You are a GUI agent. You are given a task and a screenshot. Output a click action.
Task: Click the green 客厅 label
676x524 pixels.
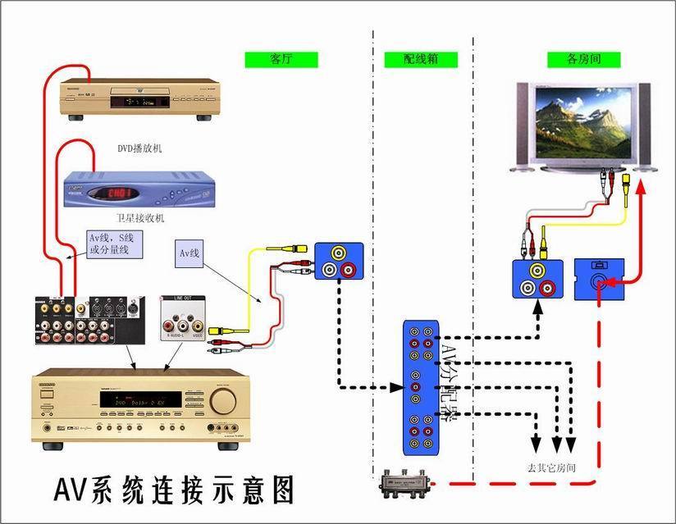click(281, 59)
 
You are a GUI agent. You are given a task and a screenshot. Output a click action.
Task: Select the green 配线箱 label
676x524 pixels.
click(421, 59)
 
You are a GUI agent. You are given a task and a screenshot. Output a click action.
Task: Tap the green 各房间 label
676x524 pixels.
click(584, 59)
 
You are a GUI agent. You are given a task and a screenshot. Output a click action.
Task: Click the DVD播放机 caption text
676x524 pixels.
click(140, 148)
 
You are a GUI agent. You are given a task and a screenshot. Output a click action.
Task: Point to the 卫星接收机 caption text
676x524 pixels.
click(140, 218)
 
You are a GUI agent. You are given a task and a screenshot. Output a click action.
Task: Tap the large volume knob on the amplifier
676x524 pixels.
click(222, 400)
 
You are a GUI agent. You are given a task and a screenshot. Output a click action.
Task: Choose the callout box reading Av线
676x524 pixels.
click(190, 253)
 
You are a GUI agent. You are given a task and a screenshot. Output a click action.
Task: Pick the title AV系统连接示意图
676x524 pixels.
click(173, 489)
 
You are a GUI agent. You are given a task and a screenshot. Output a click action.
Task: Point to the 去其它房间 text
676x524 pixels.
click(550, 467)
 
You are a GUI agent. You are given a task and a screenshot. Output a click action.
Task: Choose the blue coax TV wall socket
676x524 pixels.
click(599, 279)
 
